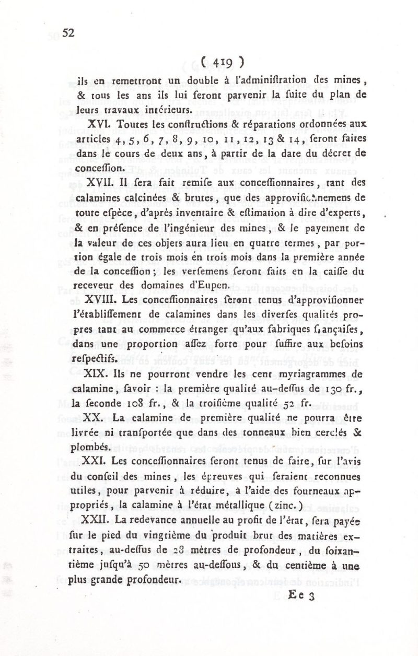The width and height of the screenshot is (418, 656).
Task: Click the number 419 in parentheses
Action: [226, 62]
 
